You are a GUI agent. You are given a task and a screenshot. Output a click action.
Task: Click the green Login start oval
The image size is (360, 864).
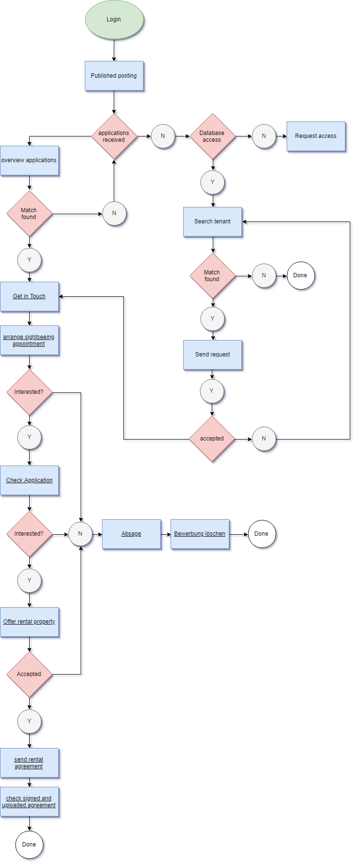click(x=114, y=19)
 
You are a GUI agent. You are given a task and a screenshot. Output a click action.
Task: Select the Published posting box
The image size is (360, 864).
click(x=114, y=76)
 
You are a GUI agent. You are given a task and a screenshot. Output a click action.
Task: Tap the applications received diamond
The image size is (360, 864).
click(x=114, y=136)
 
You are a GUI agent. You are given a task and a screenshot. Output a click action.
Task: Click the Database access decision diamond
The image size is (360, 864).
click(x=212, y=136)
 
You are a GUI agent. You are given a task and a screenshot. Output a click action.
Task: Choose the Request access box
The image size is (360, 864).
click(x=316, y=136)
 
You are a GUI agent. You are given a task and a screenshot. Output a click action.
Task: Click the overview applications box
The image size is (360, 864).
click(x=29, y=160)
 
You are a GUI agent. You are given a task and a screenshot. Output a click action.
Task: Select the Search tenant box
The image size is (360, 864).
click(x=212, y=221)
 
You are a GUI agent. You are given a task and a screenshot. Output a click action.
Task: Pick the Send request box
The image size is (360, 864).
click(x=212, y=355)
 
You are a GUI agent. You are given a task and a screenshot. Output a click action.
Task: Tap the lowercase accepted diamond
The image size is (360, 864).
click(x=212, y=439)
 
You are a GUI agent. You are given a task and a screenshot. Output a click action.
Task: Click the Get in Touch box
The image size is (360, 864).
click(x=29, y=296)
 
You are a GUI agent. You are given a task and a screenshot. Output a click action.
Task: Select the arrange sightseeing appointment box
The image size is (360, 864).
click(x=29, y=340)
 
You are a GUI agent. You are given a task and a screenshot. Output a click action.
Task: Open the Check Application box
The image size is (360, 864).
click(x=29, y=480)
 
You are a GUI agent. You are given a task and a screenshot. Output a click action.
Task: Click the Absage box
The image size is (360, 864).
click(x=131, y=534)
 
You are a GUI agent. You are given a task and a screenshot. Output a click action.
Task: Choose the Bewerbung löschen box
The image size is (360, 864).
click(x=200, y=534)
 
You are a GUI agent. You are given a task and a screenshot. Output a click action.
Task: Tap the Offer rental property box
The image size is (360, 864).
click(x=29, y=622)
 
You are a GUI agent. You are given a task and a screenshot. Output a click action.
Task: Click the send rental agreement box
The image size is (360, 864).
click(x=29, y=762)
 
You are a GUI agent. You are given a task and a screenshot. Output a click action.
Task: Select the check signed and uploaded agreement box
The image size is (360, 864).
click(x=29, y=801)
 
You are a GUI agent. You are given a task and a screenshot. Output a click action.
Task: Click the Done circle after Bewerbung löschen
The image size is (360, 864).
click(x=261, y=534)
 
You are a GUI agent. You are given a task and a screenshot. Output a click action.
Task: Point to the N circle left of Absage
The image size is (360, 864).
click(x=80, y=534)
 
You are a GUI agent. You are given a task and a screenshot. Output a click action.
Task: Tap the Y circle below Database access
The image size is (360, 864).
click(x=212, y=183)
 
